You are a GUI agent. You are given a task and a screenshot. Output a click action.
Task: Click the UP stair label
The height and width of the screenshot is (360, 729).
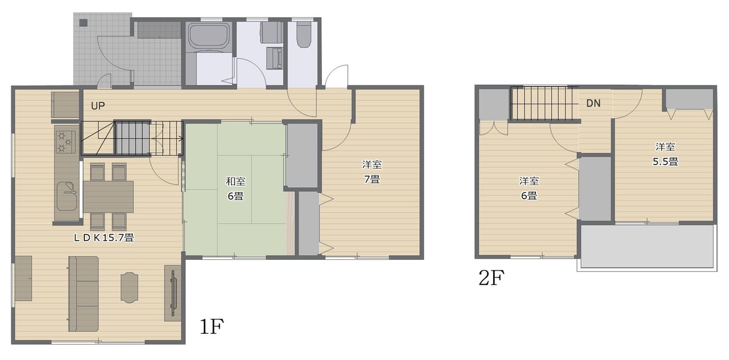pos(97,106)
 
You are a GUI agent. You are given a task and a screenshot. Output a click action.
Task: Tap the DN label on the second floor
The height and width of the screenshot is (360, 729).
pos(593,103)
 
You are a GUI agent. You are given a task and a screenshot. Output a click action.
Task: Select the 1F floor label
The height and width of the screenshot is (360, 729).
pos(211,326)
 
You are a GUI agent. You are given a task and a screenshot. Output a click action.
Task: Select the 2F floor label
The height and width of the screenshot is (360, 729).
pos(492,277)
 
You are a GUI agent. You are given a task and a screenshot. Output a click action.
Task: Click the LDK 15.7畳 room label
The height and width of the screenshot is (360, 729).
pos(104,238)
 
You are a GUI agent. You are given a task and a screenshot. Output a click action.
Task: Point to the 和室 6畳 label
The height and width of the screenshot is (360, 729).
pos(235,189)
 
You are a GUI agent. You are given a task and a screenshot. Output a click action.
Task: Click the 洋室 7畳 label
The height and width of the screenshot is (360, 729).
pos(372,172)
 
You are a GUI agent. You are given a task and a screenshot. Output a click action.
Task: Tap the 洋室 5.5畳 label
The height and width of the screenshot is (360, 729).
pos(665,154)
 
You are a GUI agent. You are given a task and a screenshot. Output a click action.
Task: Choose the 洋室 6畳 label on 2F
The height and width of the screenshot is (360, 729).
pos(529,188)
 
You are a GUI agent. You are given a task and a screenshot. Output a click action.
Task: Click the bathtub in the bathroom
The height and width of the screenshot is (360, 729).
pos(209,36)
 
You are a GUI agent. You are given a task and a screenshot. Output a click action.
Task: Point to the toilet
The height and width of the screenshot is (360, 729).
pos(304,34)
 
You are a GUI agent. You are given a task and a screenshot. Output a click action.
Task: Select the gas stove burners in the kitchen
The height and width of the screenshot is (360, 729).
pos(65,142)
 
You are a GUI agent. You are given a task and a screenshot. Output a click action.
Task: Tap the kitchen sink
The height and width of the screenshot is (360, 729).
pos(67,196)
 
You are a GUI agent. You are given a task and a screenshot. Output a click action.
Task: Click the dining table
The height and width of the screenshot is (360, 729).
pos(108,197)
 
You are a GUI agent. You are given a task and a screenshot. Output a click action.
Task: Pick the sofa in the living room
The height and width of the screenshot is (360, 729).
pos(83,293)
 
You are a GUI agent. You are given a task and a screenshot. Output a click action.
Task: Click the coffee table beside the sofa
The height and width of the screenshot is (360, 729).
pos(129,288)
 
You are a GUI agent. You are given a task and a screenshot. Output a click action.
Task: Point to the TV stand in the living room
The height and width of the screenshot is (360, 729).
pos(173,293)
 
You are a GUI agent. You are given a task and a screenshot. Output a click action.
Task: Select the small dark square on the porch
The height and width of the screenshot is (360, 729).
pos(84,23)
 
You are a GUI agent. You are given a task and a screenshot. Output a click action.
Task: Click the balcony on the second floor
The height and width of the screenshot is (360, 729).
pos(647,247)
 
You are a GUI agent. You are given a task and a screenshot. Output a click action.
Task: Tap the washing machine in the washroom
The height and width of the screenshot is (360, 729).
pos(271,32)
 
